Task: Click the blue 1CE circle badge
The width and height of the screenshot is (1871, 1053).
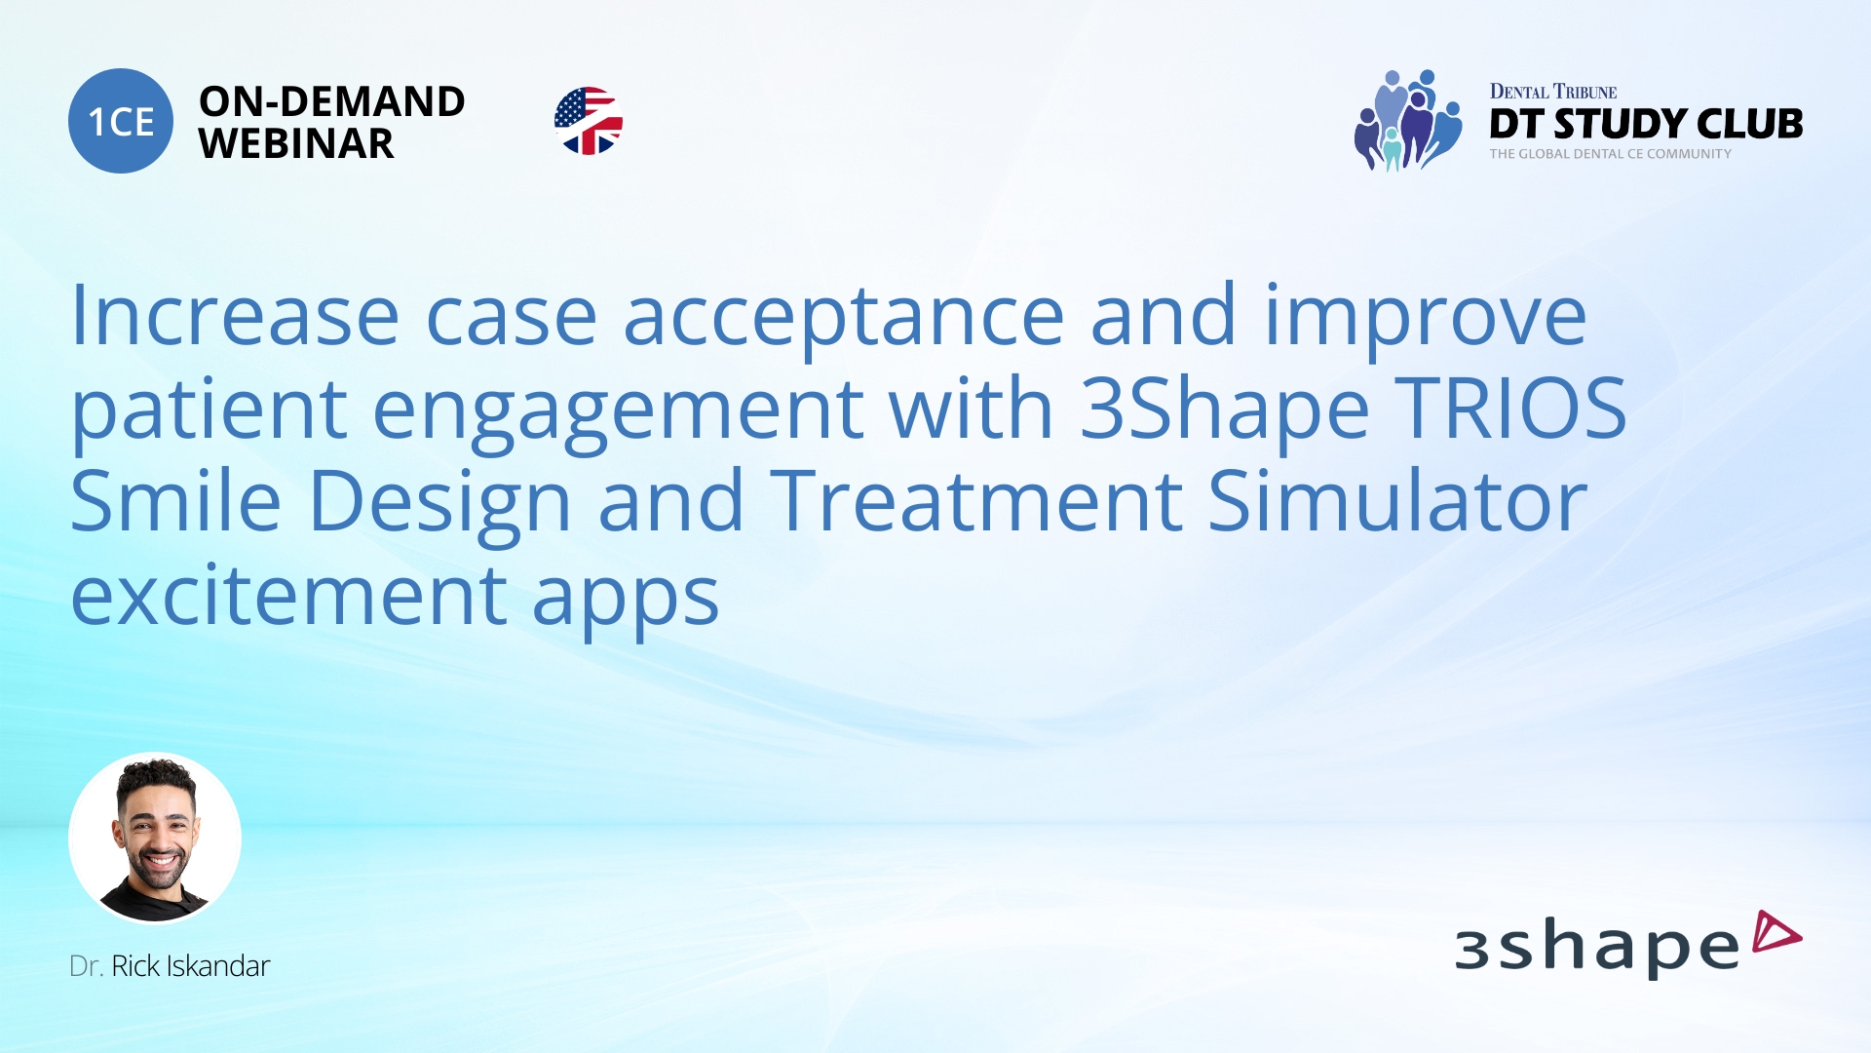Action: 121,121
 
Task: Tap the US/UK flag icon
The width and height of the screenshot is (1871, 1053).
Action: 589,121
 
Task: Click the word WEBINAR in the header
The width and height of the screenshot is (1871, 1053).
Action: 296,144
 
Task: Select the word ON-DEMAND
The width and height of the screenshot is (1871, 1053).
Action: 331,101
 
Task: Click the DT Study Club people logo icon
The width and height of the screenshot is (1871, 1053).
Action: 1407,121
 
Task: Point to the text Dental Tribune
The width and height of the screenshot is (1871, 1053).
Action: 1552,92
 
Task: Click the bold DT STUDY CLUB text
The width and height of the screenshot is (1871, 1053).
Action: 1646,124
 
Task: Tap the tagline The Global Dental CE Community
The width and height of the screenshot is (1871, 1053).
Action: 1610,154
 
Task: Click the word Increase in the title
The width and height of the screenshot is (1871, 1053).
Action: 235,316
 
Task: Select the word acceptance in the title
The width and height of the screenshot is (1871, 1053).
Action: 843,318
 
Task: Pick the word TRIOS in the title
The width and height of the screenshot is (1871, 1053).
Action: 1510,409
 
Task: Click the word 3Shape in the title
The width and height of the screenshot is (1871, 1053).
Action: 1224,410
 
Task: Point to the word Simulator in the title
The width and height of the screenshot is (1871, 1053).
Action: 1397,501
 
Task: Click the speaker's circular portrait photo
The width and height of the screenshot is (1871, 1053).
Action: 155,838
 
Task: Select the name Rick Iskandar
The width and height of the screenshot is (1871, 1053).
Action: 190,966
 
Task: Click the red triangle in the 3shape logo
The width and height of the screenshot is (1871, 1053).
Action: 1776,931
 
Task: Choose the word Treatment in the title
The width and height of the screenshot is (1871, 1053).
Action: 976,501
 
